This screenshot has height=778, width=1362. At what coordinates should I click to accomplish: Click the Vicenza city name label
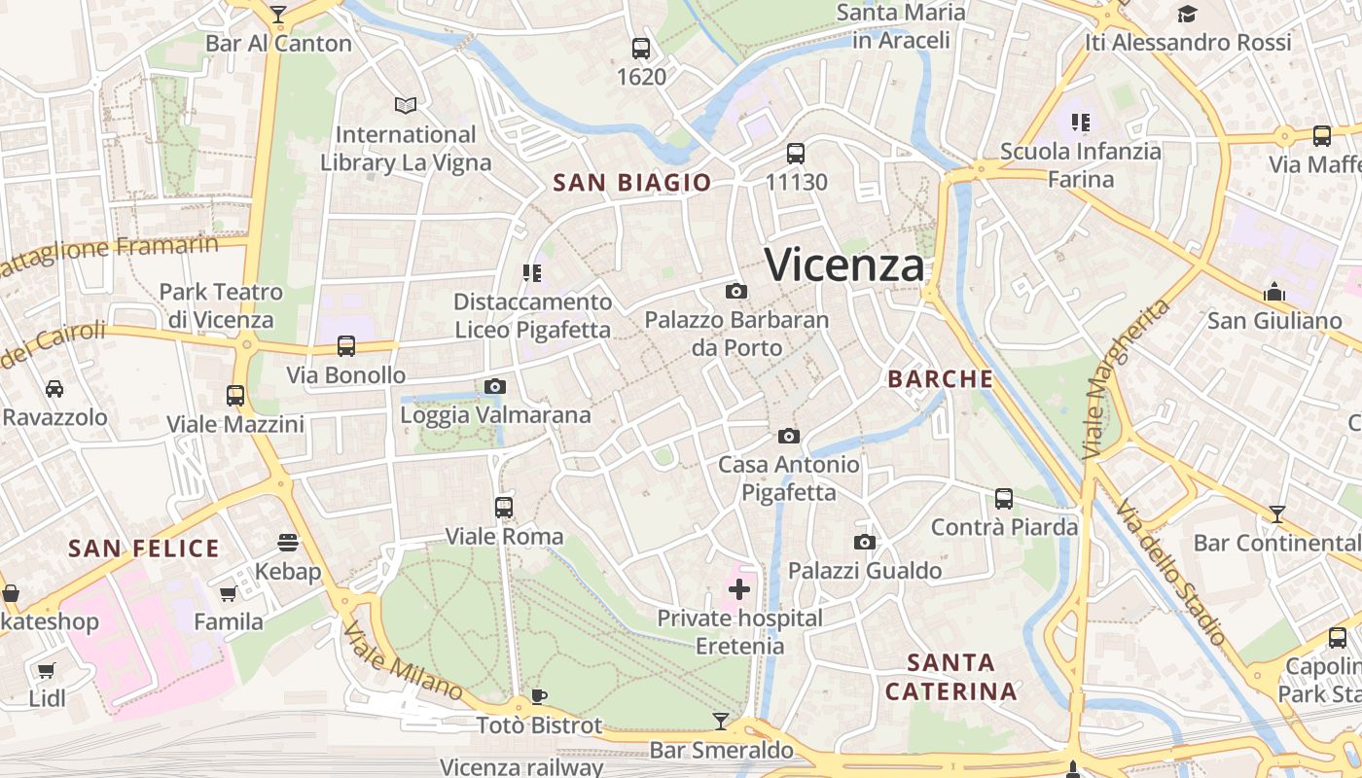pos(843,265)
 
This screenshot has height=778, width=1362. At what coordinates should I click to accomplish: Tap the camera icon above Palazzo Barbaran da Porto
pos(736,291)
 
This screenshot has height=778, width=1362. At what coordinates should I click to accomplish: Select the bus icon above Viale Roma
pos(504,507)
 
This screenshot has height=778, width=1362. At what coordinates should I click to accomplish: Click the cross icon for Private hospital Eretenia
pos(739,588)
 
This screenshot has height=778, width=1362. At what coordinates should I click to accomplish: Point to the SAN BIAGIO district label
pos(632,183)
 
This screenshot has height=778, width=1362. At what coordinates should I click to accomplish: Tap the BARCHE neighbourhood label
pos(941,379)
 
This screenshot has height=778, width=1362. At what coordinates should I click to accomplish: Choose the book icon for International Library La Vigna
pos(406,105)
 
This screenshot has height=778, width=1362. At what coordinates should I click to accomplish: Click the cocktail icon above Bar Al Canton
pos(278,14)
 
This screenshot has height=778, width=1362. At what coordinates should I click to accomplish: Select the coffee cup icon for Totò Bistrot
pos(539,695)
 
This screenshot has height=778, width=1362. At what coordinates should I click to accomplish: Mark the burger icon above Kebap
pos(288,541)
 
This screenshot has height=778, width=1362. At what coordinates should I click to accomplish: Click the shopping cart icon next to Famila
pos(228,593)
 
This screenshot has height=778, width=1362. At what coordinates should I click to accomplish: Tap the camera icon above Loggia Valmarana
pos(495,386)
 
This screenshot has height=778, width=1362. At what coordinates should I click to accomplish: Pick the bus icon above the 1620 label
pos(641,48)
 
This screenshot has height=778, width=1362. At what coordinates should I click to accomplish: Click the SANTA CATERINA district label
pos(951,677)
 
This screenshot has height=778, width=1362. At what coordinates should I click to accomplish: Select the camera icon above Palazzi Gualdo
pos(865,542)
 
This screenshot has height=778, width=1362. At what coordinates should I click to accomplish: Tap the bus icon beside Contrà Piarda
pos(1004,499)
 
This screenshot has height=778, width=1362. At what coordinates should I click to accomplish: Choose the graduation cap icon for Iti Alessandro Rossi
pos(1187,14)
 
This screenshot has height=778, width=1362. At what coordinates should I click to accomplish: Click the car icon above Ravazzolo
pos(54,388)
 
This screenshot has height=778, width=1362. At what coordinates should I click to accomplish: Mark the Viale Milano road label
pos(402,660)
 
